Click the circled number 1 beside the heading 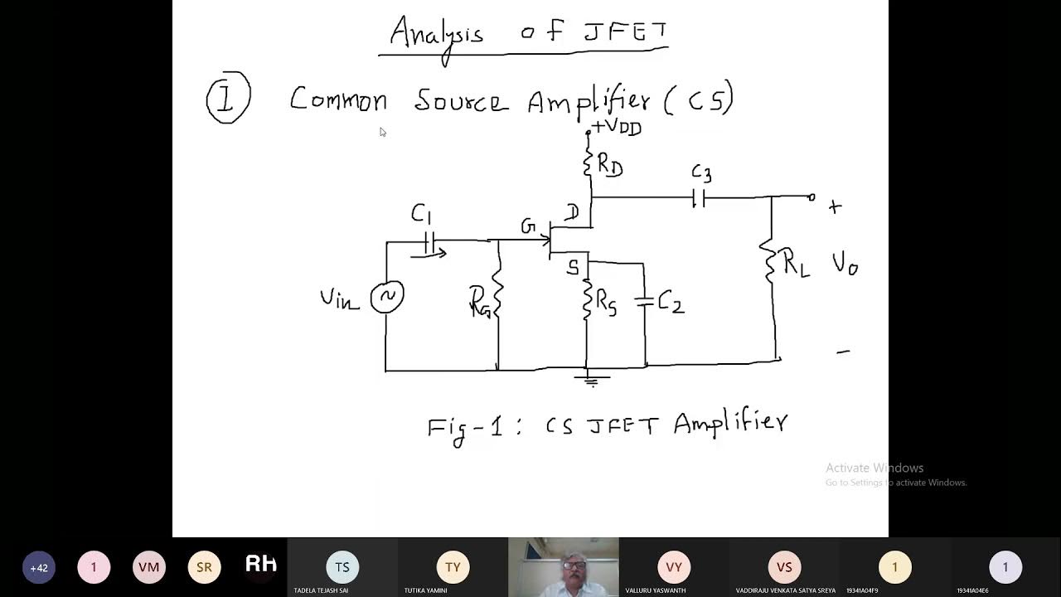228,99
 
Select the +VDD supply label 617,128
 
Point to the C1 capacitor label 421,216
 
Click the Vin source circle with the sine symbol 387,297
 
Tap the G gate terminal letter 528,226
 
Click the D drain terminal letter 572,214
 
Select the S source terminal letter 573,268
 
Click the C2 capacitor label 671,303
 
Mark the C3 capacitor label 701,174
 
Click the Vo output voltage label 845,265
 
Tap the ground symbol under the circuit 591,380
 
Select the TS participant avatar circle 342,567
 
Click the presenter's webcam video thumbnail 564,567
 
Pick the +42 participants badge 39,568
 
